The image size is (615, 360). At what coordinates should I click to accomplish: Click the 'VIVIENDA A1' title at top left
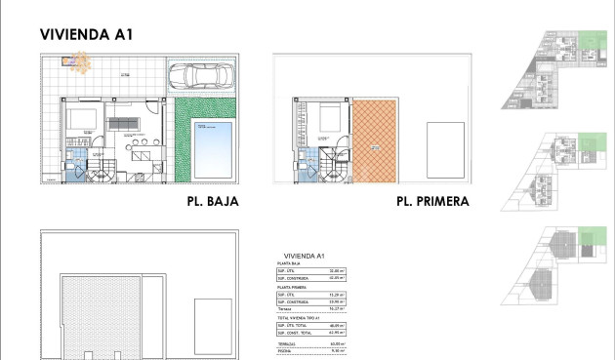[x=86, y=34]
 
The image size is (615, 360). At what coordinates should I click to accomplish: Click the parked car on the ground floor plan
[x=202, y=75]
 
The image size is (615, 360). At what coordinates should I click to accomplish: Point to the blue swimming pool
[x=210, y=147]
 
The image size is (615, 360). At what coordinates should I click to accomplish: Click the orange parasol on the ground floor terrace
[x=75, y=63]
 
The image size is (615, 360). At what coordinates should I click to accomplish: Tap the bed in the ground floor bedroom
[x=78, y=122]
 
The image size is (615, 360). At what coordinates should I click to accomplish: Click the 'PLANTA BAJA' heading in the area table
[x=288, y=264]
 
